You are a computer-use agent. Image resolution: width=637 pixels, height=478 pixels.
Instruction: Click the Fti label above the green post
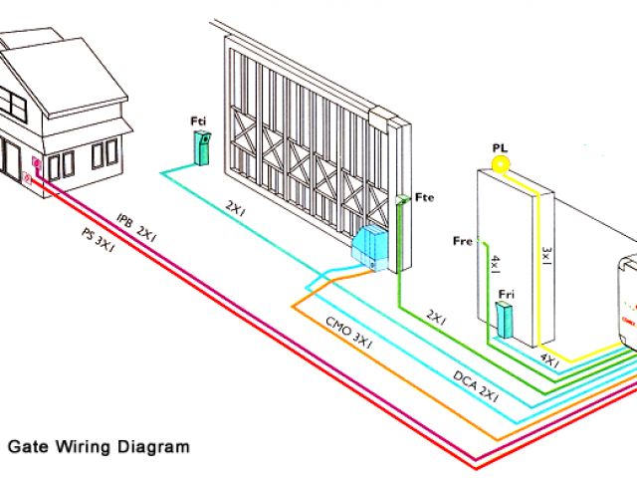(198, 121)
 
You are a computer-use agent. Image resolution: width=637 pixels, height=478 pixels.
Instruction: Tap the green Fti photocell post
(201, 147)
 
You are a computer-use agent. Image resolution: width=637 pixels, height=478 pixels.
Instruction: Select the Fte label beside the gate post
(424, 197)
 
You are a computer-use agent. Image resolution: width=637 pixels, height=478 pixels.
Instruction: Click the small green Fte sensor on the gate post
(401, 200)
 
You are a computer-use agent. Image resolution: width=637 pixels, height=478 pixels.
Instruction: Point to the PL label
(500, 147)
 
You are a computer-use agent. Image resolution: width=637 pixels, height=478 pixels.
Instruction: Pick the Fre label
(462, 241)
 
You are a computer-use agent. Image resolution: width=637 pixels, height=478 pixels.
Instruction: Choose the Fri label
(507, 294)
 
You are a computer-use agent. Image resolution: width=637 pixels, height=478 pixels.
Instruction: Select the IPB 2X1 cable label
(137, 226)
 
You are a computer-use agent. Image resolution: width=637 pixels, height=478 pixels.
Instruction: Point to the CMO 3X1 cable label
(348, 333)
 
